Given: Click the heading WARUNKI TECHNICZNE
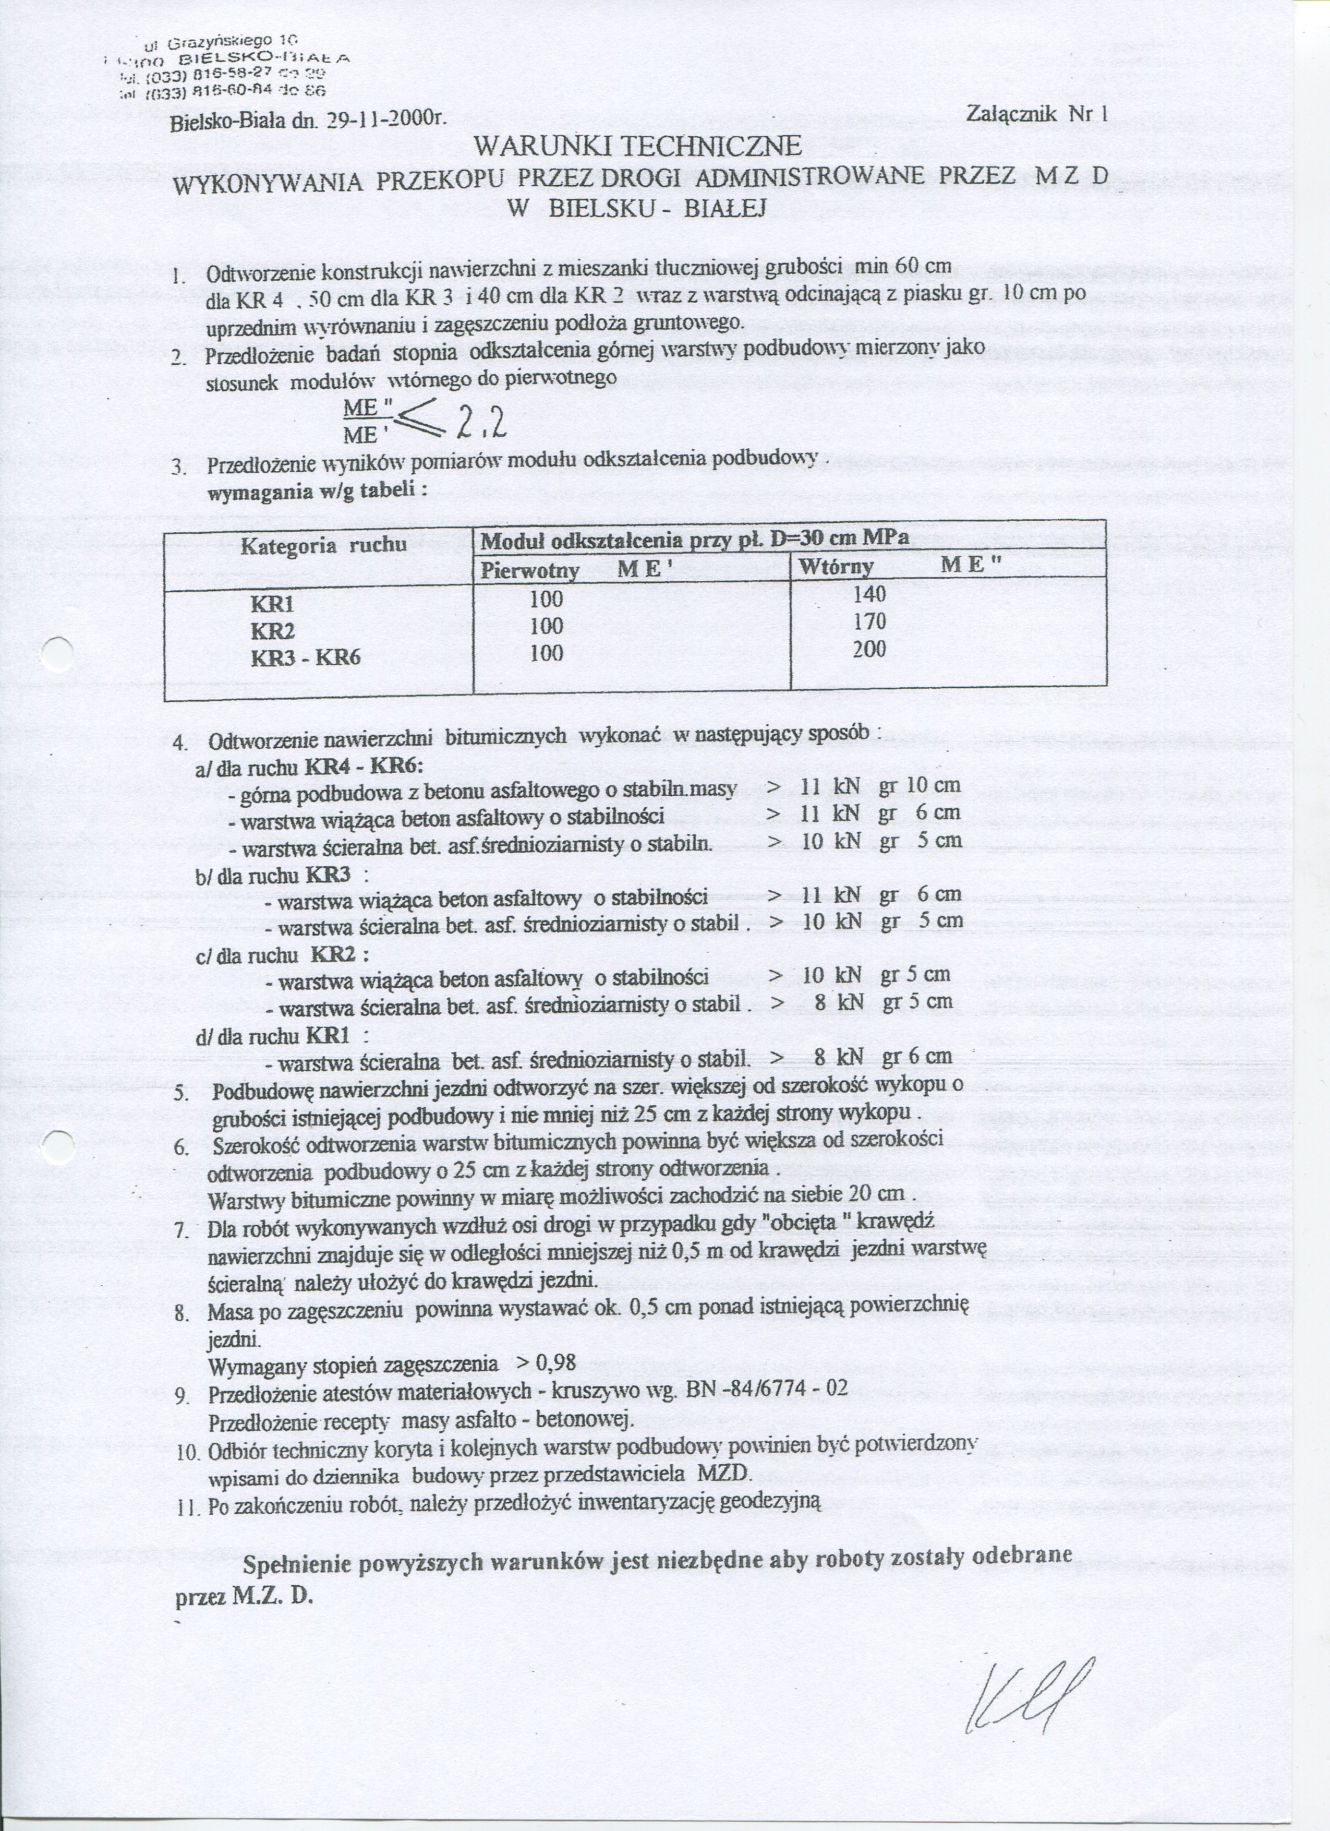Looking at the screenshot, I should (x=637, y=146).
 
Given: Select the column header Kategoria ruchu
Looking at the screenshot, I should (x=323, y=546).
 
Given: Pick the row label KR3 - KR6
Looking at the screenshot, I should (x=305, y=656).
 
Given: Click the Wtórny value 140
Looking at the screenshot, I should (x=869, y=595).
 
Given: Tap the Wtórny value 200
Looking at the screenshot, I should (x=869, y=650).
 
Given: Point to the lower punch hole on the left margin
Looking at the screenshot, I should (x=58, y=1147).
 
